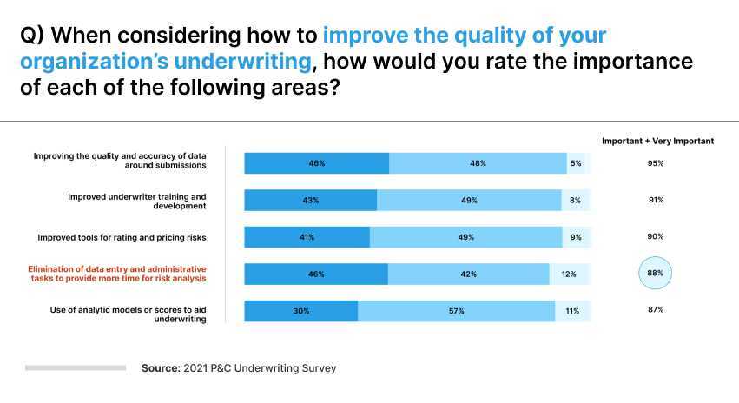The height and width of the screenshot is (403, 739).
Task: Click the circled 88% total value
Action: pos(655,274)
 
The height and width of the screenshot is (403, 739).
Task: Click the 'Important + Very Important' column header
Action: pos(657,141)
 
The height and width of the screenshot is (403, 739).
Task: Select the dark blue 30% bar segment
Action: pos(300,311)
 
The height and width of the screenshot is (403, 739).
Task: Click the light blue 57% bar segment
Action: pos(456,311)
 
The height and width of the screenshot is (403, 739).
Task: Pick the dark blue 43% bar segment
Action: pos(310,201)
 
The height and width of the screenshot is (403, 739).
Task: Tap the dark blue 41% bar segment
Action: pos(307,237)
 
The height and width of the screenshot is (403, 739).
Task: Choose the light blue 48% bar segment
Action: pos(478,163)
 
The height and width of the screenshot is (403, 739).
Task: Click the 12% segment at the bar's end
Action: pos(570,274)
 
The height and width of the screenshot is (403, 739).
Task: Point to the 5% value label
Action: pos(576,163)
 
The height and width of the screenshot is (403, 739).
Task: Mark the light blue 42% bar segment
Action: pos(468,274)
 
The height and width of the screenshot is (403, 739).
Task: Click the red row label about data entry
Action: pos(117,274)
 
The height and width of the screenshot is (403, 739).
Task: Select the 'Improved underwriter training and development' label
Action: pos(136,201)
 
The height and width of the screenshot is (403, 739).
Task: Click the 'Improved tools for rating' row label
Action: pos(122,237)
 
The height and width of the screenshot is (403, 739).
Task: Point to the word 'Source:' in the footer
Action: pos(161,368)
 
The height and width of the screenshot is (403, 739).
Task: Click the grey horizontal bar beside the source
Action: pos(76,368)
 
